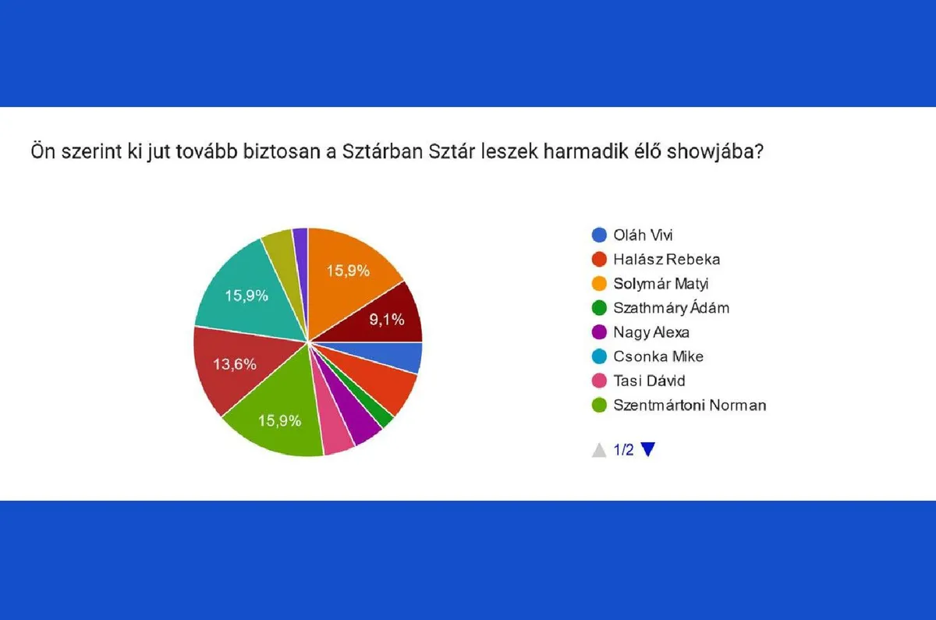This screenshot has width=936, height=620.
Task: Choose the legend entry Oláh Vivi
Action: point(643,236)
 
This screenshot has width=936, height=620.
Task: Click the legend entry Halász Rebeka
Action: point(667,260)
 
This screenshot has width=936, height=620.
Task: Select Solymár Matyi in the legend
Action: point(661,284)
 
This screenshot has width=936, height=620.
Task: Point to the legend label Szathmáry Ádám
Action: point(672,308)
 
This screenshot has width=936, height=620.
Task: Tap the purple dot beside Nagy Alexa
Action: point(599,332)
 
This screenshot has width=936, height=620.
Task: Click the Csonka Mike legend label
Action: point(658,356)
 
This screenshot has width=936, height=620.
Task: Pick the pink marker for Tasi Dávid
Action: point(599,381)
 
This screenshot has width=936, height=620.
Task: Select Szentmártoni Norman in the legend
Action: point(690,405)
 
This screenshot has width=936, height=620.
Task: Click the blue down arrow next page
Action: point(648,448)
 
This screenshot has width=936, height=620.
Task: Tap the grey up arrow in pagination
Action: point(599,451)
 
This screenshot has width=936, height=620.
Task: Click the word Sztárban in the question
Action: point(383,151)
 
